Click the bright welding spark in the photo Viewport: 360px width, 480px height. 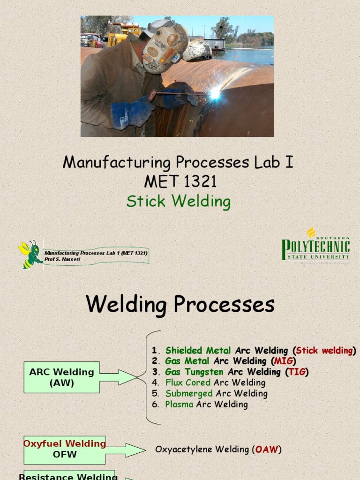(214, 94)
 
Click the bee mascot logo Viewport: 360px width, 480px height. (30, 255)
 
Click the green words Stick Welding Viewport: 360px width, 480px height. (179, 202)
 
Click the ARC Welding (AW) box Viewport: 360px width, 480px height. (61, 377)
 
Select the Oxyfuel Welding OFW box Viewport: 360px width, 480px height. (65, 449)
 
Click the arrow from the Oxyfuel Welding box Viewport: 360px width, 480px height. (126, 450)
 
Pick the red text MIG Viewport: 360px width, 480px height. (283, 361)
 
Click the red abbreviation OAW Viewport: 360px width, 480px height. (267, 450)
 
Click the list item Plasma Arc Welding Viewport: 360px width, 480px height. (206, 404)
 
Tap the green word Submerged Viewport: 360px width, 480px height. (189, 393)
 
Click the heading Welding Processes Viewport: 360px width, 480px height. (180, 305)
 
